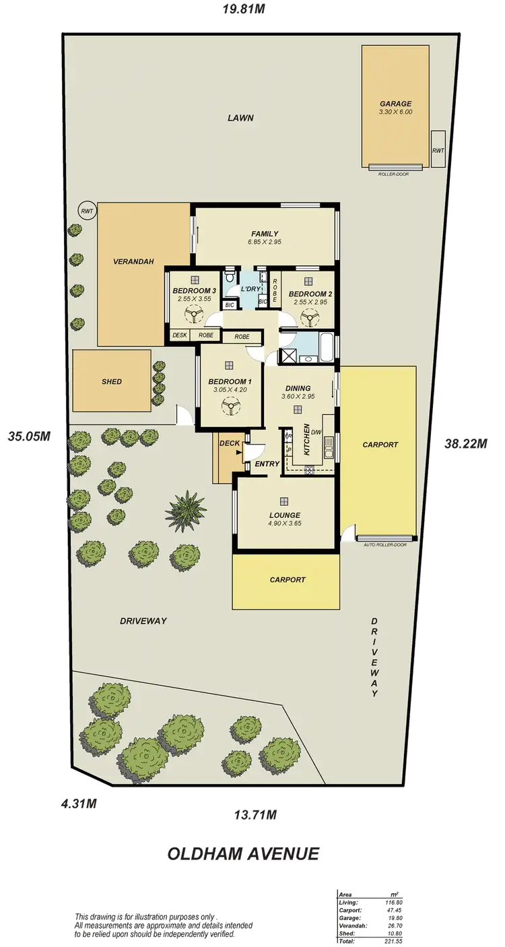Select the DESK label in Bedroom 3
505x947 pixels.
coord(180,335)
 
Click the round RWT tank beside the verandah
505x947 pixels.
coord(87,210)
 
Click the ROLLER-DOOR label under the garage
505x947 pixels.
coord(393,172)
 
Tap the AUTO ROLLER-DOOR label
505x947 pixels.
coord(385,544)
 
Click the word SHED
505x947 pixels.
coord(112,381)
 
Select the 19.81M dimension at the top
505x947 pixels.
coord(243,9)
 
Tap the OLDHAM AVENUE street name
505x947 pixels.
coord(242,854)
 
